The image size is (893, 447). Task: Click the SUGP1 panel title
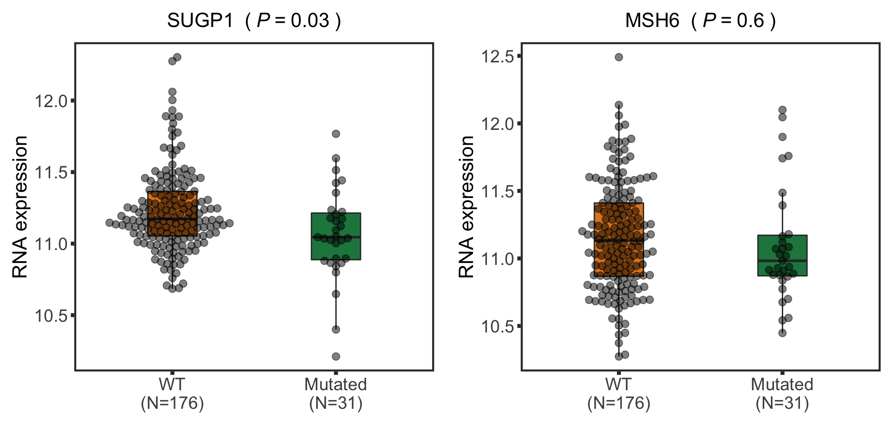pos(254,20)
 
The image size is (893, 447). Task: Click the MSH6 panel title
pos(700,20)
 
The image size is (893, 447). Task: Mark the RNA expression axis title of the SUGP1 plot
pos(20,207)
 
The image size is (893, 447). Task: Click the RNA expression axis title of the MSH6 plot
pos(466,207)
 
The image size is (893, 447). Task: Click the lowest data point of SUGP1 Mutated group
pos(336,357)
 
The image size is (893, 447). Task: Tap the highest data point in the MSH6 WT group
pos(619,57)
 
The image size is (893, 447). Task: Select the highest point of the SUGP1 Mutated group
pos(336,134)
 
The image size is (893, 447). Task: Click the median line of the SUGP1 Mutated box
pos(336,237)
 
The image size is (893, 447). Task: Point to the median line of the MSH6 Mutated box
pos(782,261)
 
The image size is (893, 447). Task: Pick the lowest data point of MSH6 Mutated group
pos(782,333)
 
